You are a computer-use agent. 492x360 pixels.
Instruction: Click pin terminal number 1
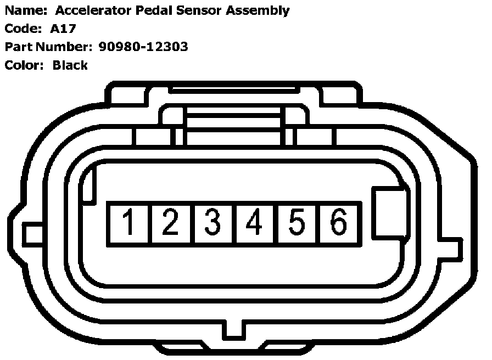(x=129, y=223)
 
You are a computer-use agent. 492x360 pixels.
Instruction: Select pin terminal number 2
(x=171, y=223)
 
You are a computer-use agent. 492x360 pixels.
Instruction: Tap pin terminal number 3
(x=213, y=223)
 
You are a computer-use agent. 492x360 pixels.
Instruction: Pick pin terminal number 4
(x=255, y=223)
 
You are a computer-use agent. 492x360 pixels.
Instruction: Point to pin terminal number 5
(x=297, y=223)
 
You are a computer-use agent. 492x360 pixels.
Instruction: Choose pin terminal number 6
(x=339, y=223)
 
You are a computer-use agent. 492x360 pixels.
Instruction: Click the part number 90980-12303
(x=143, y=47)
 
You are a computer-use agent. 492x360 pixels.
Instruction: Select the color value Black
(x=70, y=65)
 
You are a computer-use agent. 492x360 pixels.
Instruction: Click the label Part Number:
(x=49, y=47)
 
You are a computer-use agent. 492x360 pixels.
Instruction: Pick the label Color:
(x=24, y=65)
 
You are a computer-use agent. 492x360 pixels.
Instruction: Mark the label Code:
(x=22, y=29)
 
